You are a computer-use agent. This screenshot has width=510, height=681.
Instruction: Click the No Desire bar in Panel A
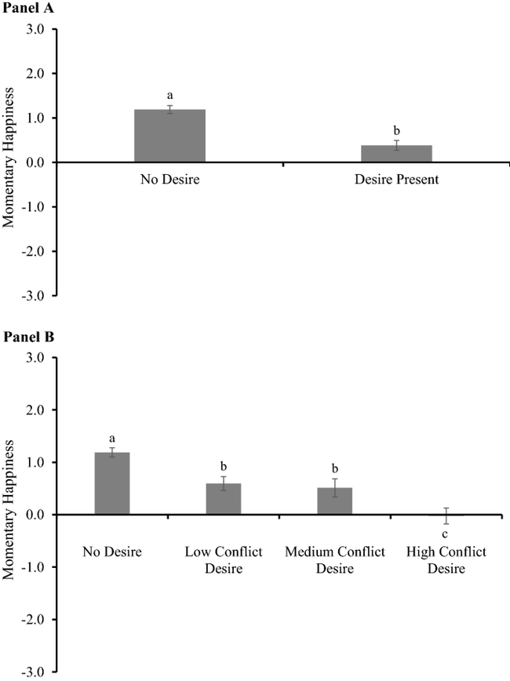click(169, 136)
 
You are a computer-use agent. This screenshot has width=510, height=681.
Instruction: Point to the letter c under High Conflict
click(446, 535)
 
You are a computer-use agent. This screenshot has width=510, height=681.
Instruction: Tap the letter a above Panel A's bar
click(169, 94)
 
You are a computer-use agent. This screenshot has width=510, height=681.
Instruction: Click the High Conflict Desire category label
click(446, 560)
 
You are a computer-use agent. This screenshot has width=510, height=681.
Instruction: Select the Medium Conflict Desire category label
click(334, 560)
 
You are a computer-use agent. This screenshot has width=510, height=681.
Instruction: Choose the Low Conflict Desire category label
click(223, 560)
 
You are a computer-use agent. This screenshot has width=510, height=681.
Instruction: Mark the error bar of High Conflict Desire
click(446, 515)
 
